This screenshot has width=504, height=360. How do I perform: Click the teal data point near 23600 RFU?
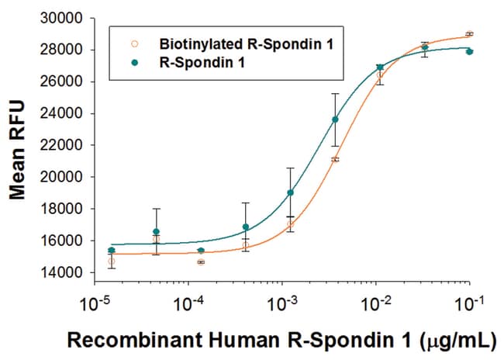coord(335,119)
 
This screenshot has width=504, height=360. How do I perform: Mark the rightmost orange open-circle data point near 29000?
coord(469,34)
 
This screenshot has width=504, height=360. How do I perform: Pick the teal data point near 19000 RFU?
coord(290,192)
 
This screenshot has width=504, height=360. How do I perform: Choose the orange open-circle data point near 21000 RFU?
coord(335,160)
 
